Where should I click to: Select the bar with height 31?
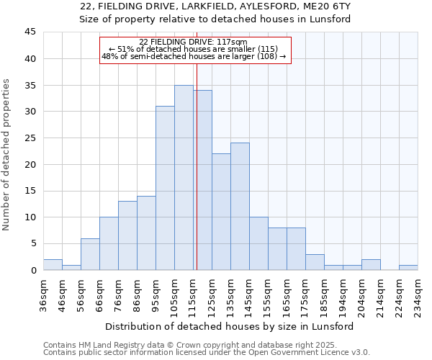[165, 188]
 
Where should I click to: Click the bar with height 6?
[90, 254]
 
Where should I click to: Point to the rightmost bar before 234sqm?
[408, 267]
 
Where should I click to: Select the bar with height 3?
[315, 262]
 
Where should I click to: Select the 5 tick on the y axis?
[33, 243]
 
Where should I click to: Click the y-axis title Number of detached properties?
[7, 154]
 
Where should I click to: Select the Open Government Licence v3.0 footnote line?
[207, 353]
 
